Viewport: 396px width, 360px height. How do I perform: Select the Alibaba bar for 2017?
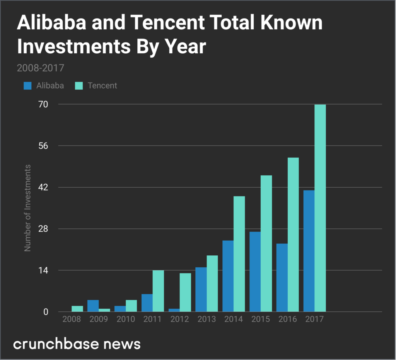coord(309,251)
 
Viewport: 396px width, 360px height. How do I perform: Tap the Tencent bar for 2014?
coord(239,254)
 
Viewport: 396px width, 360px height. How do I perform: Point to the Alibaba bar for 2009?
coord(93,306)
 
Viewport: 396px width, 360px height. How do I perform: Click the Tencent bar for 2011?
coord(158,291)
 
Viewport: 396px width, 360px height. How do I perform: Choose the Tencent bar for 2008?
coord(77,309)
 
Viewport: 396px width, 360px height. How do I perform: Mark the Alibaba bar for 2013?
coord(201,289)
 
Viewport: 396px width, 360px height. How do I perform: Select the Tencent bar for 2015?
coord(266,243)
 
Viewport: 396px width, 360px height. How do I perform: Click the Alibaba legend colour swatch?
coord(27,85)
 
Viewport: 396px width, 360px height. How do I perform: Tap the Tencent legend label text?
coord(102,85)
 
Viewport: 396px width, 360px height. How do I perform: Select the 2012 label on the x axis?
coord(179,320)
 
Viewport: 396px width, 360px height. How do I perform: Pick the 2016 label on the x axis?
coord(287,320)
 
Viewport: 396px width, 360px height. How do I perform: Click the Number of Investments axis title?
coord(27,207)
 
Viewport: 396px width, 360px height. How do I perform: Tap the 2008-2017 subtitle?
coord(40,68)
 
